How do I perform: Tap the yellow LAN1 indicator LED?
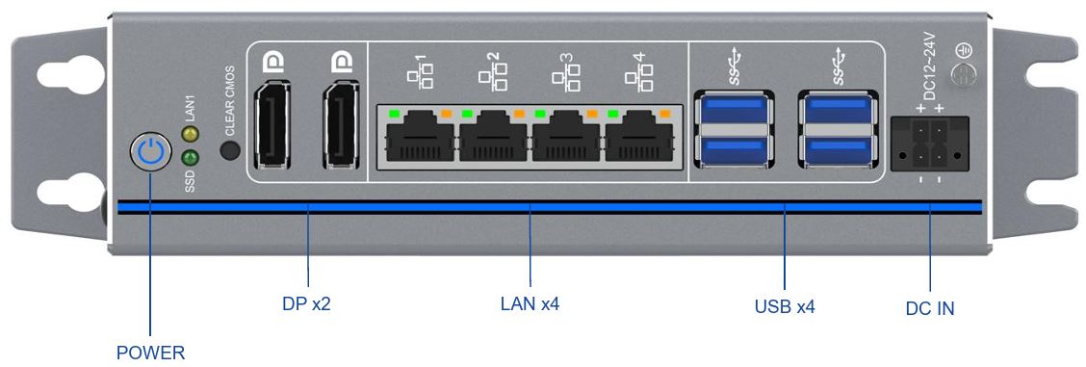tap(190, 134)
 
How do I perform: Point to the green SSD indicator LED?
tap(190, 156)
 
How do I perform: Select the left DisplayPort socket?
tap(271, 126)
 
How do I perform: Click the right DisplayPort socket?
tap(340, 126)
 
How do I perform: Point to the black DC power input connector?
tap(929, 144)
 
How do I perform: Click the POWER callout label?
tap(150, 353)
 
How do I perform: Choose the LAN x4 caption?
tap(530, 304)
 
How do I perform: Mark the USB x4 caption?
tap(785, 307)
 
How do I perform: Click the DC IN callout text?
tap(930, 308)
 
